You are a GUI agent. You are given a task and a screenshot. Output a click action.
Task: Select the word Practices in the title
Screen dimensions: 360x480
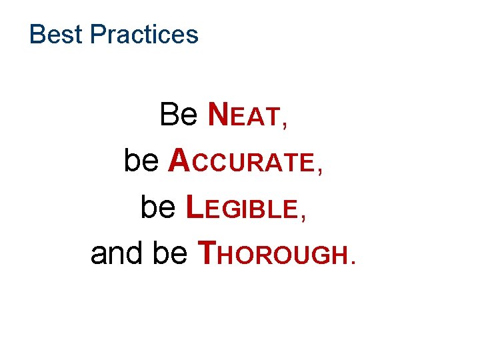(144, 34)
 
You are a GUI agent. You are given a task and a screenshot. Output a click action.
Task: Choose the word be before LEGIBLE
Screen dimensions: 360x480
(159, 207)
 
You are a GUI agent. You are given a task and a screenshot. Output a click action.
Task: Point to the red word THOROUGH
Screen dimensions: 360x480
(273, 253)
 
